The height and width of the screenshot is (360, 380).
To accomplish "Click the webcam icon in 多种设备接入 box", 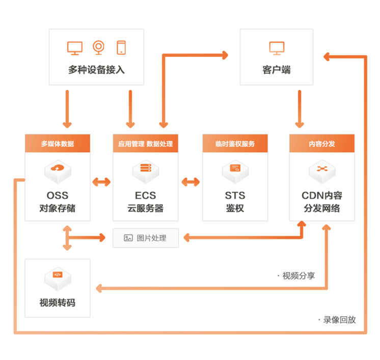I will pyautogui.click(x=98, y=47).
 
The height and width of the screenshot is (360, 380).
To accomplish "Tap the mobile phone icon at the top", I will pyautogui.click(x=121, y=47).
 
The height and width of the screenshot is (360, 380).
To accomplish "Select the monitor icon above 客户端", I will pyautogui.click(x=277, y=48).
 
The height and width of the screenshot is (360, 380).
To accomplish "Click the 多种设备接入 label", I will pyautogui.click(x=96, y=70).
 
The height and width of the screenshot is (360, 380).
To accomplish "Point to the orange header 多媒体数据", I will pyautogui.click(x=58, y=143).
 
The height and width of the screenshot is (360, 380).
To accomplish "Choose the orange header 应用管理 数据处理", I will pyautogui.click(x=145, y=143).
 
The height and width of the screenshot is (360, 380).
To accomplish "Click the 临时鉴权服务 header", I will pyautogui.click(x=235, y=143).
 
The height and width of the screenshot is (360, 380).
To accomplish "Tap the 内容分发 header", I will pyautogui.click(x=322, y=143).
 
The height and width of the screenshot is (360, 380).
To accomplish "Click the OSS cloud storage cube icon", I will pyautogui.click(x=58, y=171).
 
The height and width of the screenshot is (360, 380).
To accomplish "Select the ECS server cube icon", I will pyautogui.click(x=146, y=171).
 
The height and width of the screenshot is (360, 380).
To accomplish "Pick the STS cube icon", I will pyautogui.click(x=235, y=171).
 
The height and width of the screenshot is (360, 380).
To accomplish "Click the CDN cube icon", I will pyautogui.click(x=322, y=171).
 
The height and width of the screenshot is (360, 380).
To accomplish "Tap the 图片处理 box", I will pyautogui.click(x=146, y=238).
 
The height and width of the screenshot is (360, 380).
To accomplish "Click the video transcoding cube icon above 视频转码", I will pyautogui.click(x=58, y=277).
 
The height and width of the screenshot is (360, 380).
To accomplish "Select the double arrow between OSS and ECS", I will pyautogui.click(x=101, y=182).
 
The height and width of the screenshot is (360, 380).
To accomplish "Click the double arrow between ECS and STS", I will pyautogui.click(x=191, y=182).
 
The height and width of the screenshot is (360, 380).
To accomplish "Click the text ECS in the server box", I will pyautogui.click(x=146, y=195).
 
